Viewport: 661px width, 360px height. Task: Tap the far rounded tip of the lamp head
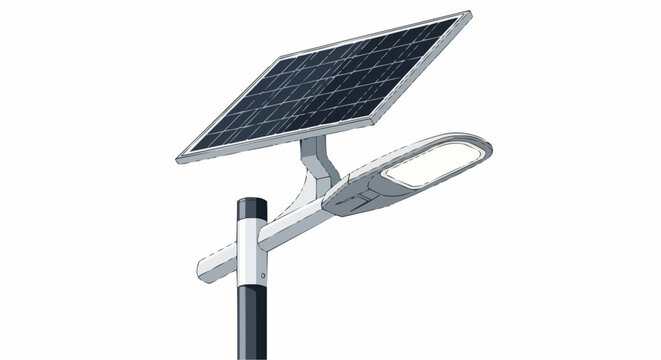[490, 146]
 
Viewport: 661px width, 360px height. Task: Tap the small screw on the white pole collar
[264, 274]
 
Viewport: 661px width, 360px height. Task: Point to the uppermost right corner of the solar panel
[467, 14]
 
